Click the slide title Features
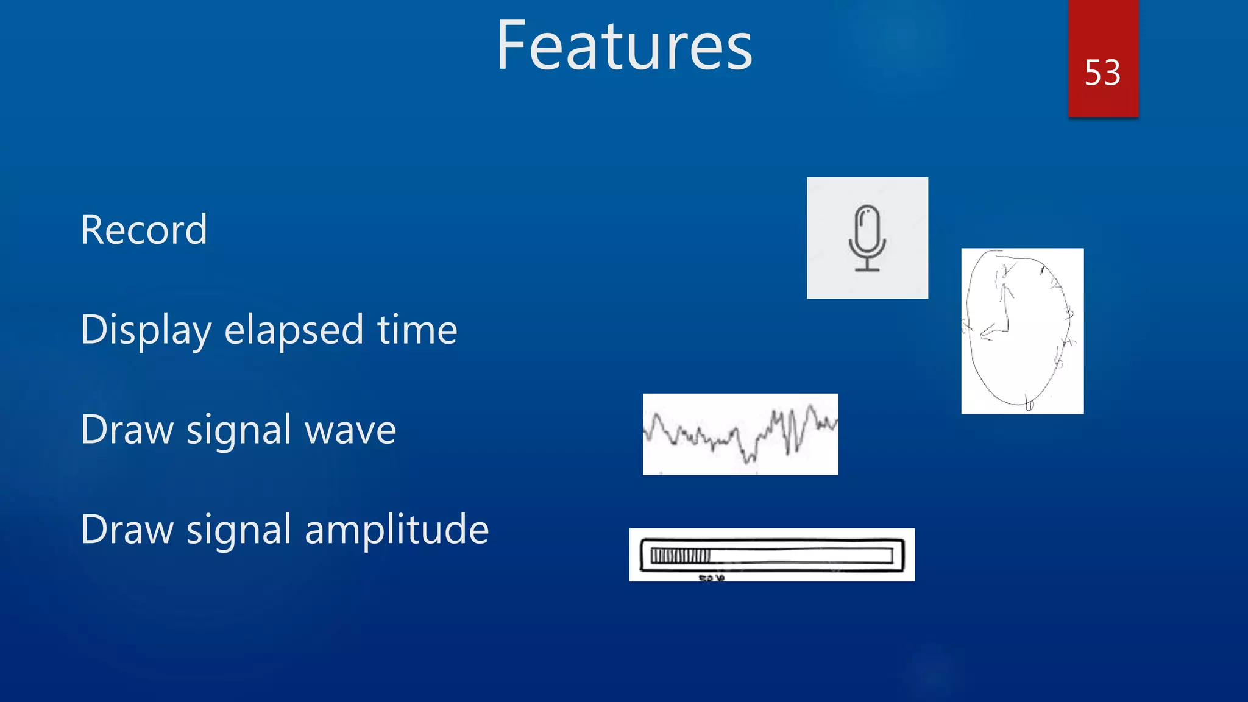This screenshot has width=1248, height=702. (624, 46)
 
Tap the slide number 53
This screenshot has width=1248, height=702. (1102, 73)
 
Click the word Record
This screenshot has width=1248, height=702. (144, 230)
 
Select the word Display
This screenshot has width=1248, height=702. (146, 330)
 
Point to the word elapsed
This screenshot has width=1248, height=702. (294, 330)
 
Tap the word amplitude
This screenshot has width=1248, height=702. (396, 529)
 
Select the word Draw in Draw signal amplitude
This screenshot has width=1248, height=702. (127, 529)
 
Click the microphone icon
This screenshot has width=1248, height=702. (867, 238)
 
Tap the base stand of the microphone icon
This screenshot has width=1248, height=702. (867, 268)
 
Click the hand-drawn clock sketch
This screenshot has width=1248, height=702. (1022, 331)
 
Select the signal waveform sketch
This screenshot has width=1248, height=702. (740, 434)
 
